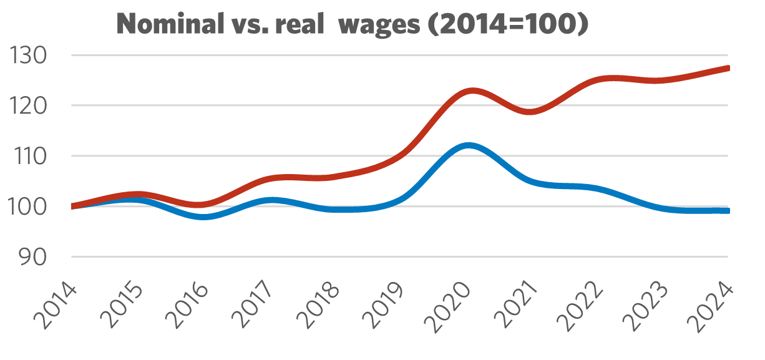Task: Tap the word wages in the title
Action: pos(381,25)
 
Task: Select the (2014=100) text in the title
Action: pos(512,25)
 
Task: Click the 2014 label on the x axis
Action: pos(56,306)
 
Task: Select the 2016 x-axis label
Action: pos(187,306)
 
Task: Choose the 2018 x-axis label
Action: pos(319,306)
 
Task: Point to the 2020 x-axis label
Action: pos(450,306)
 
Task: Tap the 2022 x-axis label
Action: pos(581,306)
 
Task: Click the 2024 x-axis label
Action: pos(712,306)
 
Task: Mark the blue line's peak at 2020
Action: pos(469,145)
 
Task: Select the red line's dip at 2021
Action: pos(529,112)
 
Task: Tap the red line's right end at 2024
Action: pos(727,68)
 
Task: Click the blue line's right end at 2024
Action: pos(727,211)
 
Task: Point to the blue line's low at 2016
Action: pos(205,216)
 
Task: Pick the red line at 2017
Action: pos(270,178)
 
